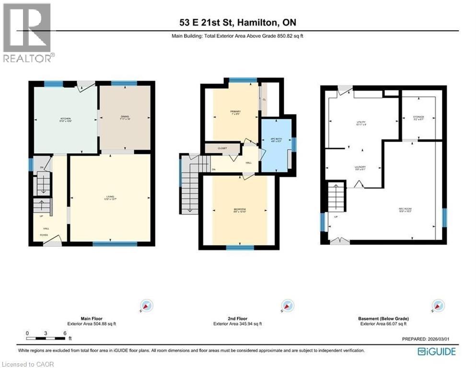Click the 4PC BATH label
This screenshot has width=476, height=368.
(276, 139)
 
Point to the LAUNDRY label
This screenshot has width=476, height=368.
(360, 168)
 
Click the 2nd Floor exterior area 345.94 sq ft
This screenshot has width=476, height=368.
(238, 324)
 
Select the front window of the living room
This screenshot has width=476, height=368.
(111, 244)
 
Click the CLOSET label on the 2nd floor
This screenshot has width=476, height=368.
(222, 149)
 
